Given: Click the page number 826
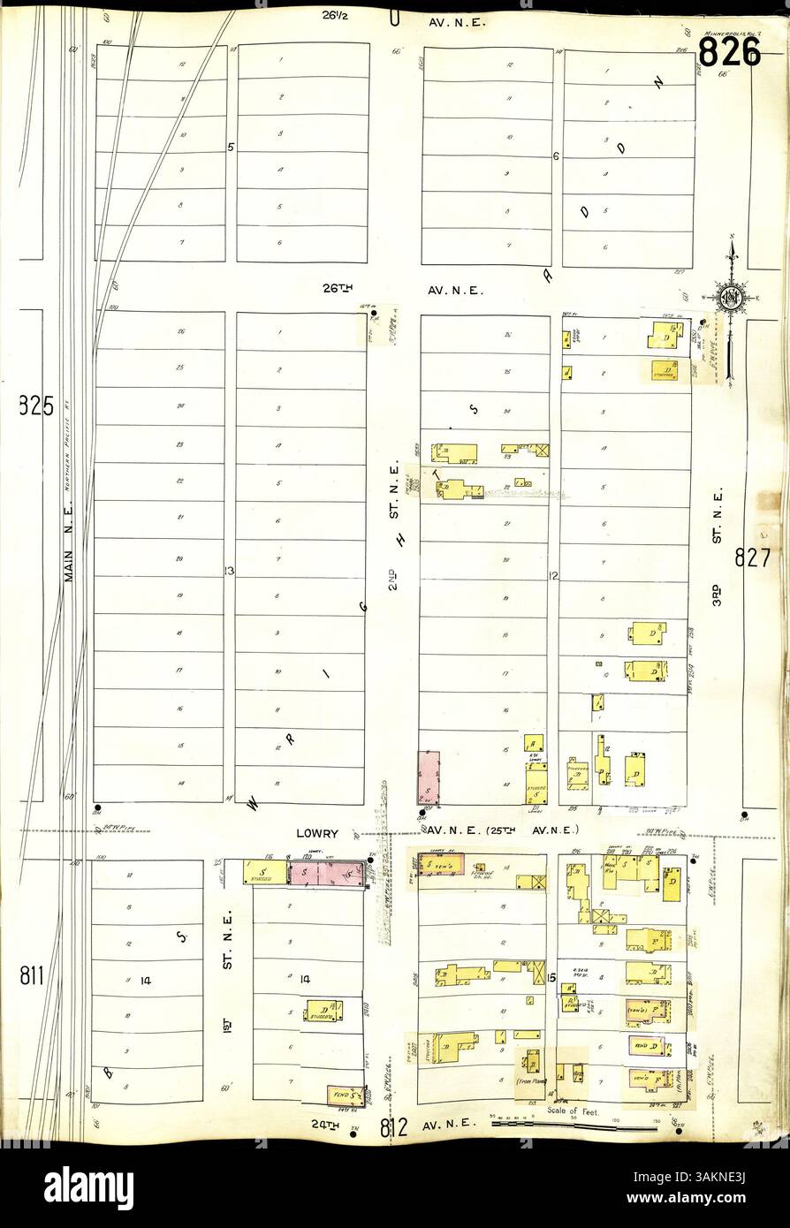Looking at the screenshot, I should [729, 52].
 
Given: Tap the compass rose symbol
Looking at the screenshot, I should [732, 297].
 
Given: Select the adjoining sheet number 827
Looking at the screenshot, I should [752, 558].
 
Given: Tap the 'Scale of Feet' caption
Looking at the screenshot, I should [574, 1111].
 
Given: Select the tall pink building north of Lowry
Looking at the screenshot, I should [429, 777].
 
